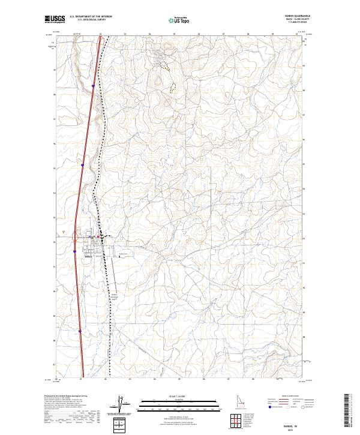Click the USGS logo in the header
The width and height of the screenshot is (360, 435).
(x=55, y=20)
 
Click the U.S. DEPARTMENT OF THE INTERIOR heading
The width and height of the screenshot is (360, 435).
(x=91, y=16)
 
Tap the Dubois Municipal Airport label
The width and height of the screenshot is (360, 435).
(x=116, y=296)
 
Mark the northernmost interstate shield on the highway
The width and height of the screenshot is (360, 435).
(x=93, y=86)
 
